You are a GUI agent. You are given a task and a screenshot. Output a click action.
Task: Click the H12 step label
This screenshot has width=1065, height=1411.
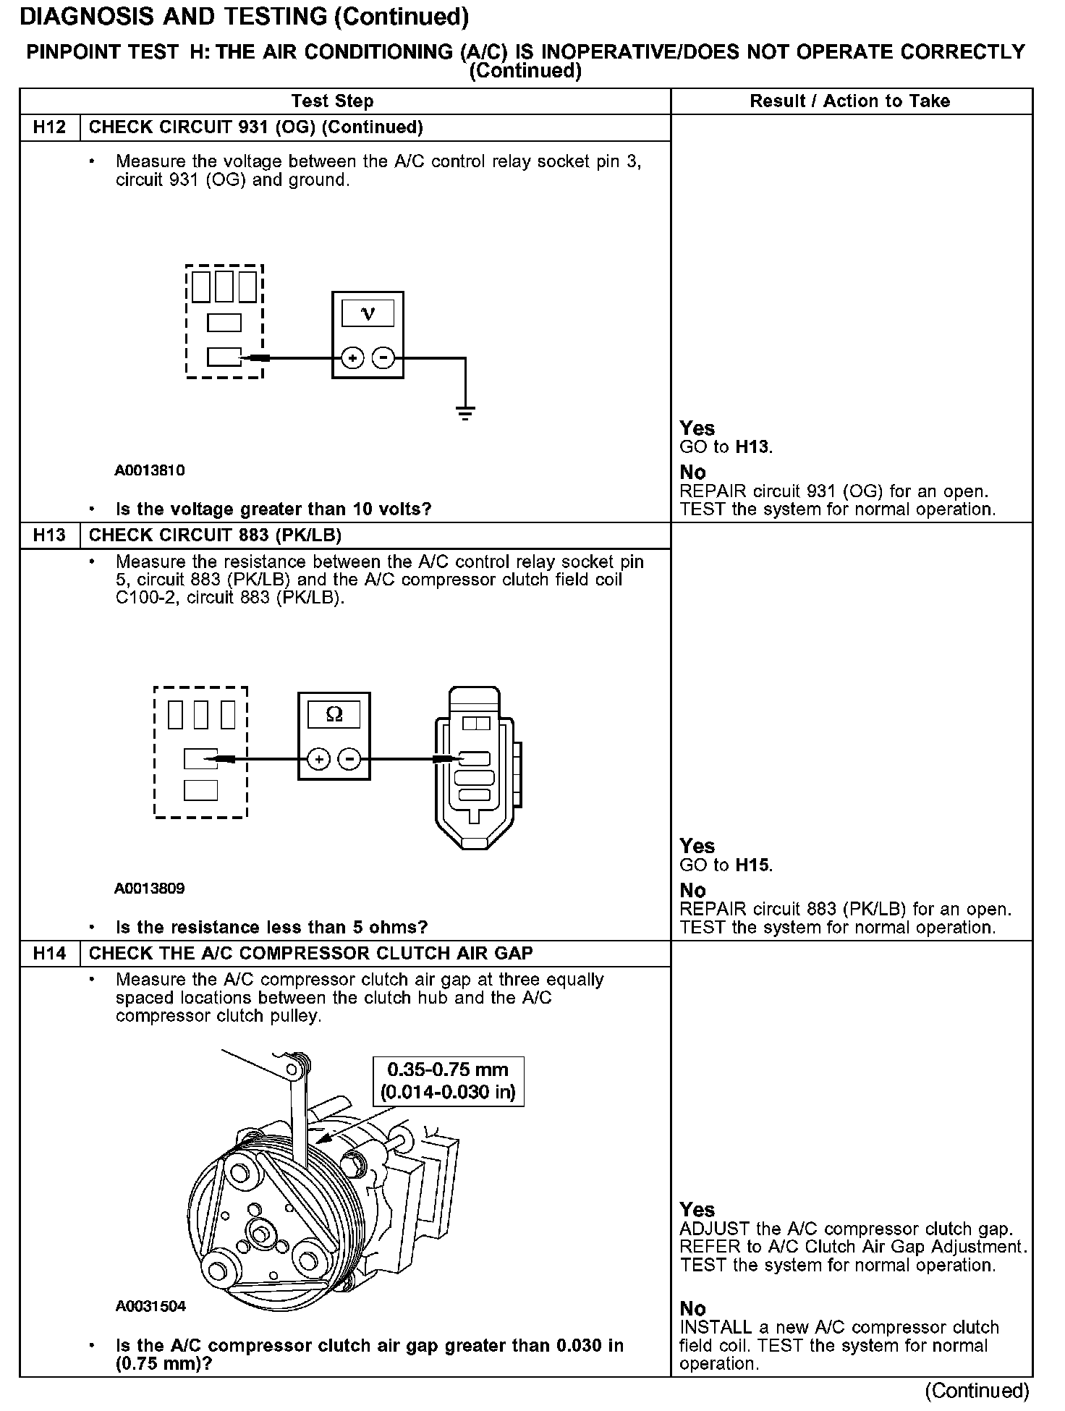point(49,127)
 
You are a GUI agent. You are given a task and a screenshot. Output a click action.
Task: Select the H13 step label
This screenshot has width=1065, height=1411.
point(49,535)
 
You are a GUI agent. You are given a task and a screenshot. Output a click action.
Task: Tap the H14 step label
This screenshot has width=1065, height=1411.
point(49,954)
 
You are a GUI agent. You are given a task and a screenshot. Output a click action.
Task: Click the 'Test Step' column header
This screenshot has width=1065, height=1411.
point(332,101)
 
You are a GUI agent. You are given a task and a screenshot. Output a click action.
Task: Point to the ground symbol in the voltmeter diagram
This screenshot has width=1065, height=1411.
point(465,413)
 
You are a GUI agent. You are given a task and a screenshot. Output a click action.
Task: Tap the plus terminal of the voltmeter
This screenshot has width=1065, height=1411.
point(352,357)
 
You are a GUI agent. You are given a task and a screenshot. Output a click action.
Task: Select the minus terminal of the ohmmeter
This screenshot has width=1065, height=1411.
point(349,759)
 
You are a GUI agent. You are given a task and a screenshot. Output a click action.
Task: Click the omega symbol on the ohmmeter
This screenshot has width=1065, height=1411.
point(334,715)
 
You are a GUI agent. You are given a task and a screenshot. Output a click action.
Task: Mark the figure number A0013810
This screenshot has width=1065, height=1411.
point(150,471)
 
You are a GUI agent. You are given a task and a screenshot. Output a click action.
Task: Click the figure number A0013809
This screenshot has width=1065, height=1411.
point(149,889)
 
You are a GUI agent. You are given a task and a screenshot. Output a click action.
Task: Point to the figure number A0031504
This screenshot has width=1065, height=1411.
point(150,1306)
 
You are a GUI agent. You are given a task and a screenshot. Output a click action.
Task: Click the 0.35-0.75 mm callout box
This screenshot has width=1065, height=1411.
point(448,1081)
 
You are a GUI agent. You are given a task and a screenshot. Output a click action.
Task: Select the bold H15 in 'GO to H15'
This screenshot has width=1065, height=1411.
point(752,865)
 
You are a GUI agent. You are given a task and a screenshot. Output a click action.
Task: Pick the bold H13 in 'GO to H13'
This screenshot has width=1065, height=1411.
point(752,447)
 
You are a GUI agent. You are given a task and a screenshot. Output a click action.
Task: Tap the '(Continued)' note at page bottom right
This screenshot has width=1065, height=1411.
point(977,1391)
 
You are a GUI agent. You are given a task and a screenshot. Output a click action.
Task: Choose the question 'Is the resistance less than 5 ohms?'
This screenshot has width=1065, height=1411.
point(271,928)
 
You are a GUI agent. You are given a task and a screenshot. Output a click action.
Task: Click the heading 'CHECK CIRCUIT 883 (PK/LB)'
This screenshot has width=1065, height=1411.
point(215,535)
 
